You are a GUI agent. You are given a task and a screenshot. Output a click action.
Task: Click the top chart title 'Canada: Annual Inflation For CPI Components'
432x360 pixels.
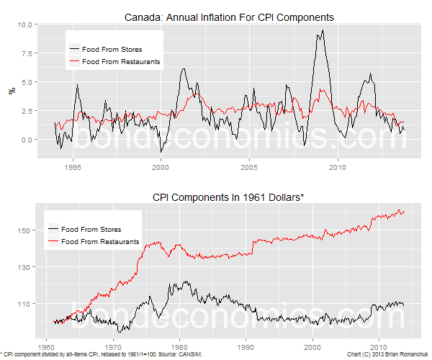[229, 17]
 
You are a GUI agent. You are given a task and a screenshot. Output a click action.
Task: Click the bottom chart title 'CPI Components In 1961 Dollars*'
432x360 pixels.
[228, 197]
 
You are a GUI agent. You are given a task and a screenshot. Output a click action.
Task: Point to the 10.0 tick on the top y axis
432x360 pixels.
[24, 24]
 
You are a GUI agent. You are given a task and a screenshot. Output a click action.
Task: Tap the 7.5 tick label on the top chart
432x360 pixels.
[27, 53]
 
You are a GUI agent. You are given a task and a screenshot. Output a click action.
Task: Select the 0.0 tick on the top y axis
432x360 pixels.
[27, 140]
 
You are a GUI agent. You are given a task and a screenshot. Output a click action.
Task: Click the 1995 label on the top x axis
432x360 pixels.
[73, 167]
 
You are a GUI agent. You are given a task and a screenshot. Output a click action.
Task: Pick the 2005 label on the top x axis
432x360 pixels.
[249, 167]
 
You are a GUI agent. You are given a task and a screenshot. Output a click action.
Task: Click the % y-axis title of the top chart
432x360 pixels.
[12, 91]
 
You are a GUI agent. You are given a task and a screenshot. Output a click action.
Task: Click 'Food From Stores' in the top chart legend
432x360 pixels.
[112, 50]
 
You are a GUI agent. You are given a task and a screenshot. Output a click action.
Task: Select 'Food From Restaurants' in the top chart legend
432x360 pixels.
[121, 62]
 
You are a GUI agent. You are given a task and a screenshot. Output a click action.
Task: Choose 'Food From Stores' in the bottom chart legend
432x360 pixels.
[91, 230]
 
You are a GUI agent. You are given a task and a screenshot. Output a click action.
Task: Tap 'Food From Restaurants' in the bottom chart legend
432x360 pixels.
[100, 242]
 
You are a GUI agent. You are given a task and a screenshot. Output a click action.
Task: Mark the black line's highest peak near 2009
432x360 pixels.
[323, 30]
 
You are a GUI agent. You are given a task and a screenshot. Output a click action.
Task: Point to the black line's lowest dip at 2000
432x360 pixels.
[161, 152]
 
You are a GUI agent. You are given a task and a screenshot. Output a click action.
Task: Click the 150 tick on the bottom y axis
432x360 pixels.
[24, 230]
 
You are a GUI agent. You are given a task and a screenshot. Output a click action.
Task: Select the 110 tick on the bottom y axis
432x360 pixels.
[24, 304]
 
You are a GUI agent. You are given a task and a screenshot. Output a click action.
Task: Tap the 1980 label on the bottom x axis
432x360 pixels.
[179, 347]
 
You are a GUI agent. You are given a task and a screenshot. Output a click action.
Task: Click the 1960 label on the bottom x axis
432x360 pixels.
[46, 347]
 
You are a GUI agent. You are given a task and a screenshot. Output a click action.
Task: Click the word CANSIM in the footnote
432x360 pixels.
[191, 354]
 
